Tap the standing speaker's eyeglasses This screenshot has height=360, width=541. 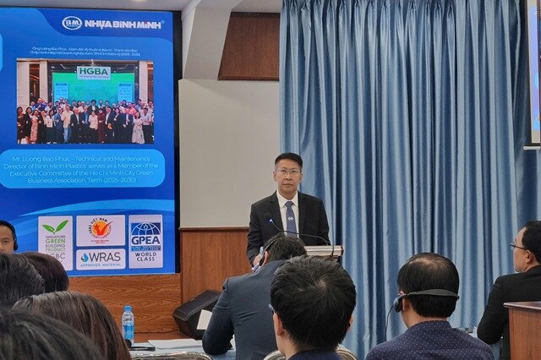(288, 172)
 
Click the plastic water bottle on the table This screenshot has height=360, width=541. (128, 325)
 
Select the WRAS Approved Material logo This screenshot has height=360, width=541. (101, 259)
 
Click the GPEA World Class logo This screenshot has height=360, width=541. (145, 241)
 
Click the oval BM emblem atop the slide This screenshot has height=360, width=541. (72, 23)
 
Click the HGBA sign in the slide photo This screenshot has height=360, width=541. (93, 73)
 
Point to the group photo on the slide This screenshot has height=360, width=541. (85, 102)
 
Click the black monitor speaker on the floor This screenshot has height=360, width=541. (196, 314)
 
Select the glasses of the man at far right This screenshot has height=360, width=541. (518, 248)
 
